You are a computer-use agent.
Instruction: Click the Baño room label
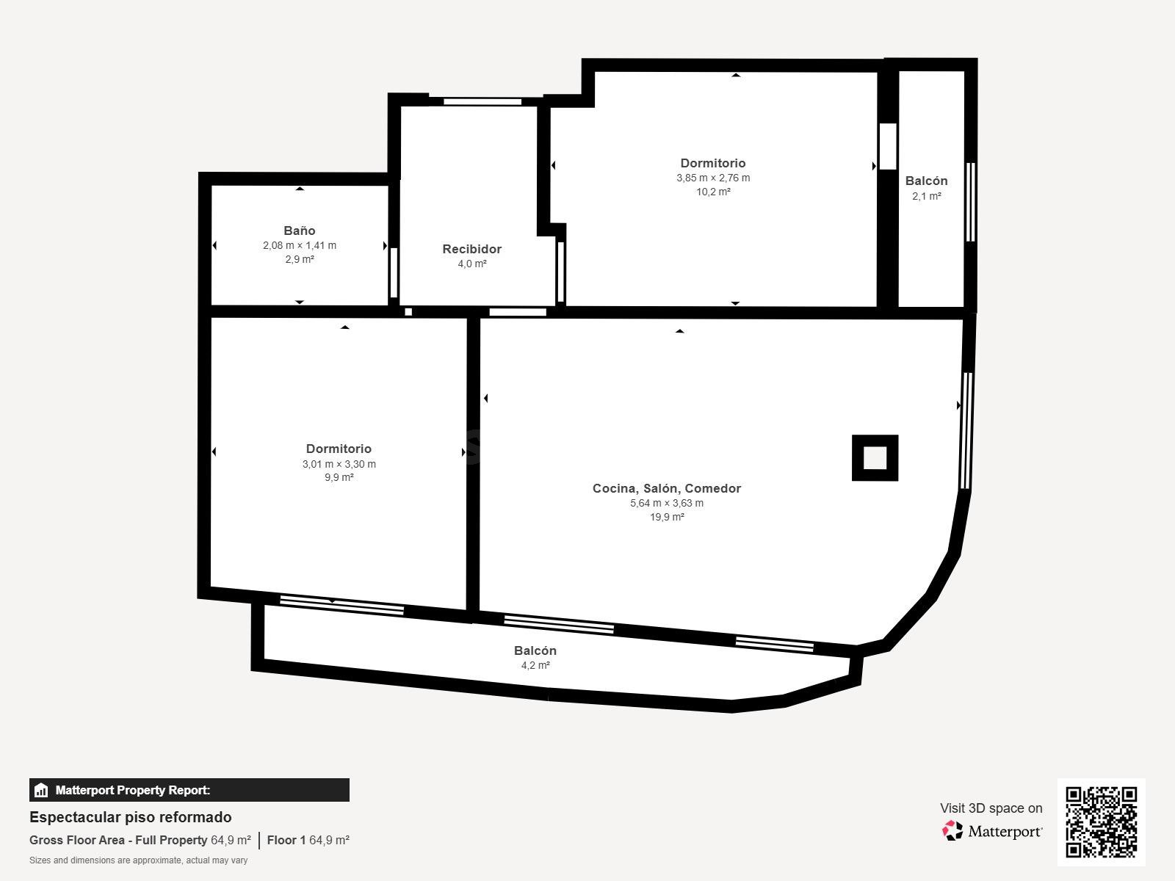(x=300, y=231)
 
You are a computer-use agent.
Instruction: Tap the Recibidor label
(x=471, y=249)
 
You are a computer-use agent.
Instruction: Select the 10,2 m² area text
(x=713, y=192)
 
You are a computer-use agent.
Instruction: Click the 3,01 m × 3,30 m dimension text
(x=339, y=464)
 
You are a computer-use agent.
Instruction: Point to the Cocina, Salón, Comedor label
(x=666, y=488)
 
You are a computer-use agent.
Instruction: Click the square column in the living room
(x=875, y=458)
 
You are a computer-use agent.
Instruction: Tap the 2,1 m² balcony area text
(x=926, y=196)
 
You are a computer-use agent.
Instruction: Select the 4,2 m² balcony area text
(x=535, y=665)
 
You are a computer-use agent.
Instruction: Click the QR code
(x=1101, y=822)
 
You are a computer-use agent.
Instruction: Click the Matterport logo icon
(x=953, y=830)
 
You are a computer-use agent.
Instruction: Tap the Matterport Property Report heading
(x=132, y=790)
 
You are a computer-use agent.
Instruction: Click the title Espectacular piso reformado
(x=130, y=817)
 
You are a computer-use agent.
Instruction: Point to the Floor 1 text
(x=286, y=840)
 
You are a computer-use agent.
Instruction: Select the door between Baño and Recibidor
(x=394, y=272)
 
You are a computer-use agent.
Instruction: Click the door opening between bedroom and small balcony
(x=888, y=147)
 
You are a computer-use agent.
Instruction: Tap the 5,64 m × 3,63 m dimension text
(x=666, y=503)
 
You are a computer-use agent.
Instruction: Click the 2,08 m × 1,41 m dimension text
(x=300, y=245)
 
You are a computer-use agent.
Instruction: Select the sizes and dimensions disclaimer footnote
(x=138, y=860)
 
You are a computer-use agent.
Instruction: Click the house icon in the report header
(x=41, y=791)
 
